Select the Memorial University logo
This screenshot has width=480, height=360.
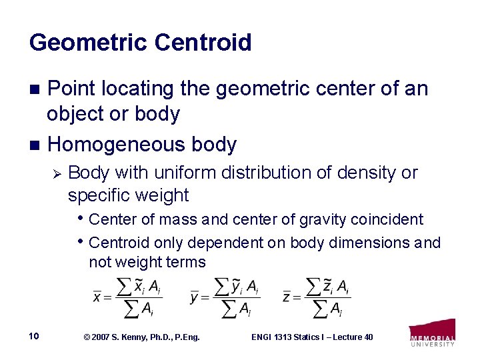tap(433, 333)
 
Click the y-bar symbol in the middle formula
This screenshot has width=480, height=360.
tap(195, 297)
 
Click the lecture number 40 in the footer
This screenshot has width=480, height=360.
tap(367, 337)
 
